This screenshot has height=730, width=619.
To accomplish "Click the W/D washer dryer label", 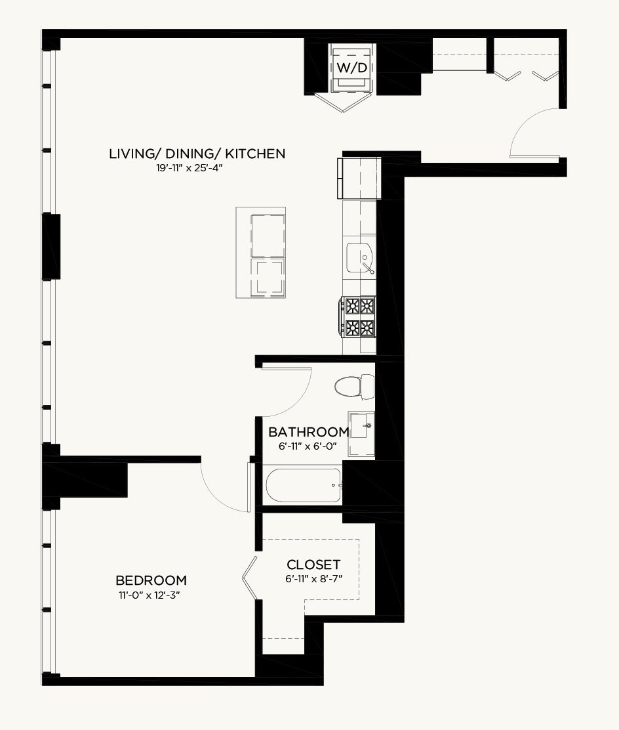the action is pyautogui.click(x=351, y=68).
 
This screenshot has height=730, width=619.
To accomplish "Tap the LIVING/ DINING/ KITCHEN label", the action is pyautogui.click(x=197, y=154).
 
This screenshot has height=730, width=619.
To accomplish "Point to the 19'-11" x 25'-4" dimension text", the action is pyautogui.click(x=190, y=168).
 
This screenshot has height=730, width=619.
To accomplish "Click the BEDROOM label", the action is pyautogui.click(x=151, y=580).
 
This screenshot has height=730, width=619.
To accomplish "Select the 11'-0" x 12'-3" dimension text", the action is pyautogui.click(x=150, y=595).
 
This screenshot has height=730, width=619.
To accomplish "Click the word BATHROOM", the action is pyautogui.click(x=309, y=431).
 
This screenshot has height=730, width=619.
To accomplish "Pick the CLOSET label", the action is pyautogui.click(x=313, y=565).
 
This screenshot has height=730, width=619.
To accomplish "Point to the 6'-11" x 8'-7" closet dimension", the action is pyautogui.click(x=314, y=579).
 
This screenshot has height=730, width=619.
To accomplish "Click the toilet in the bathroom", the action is pyautogui.click(x=354, y=387).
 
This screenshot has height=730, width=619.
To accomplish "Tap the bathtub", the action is pyautogui.click(x=303, y=485).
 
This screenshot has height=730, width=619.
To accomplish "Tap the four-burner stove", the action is pyautogui.click(x=357, y=317).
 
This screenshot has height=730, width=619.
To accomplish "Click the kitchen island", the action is pyautogui.click(x=260, y=252).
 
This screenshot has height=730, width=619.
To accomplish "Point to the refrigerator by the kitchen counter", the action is pyautogui.click(x=359, y=179).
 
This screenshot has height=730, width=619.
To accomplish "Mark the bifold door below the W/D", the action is pyautogui.click(x=343, y=103).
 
